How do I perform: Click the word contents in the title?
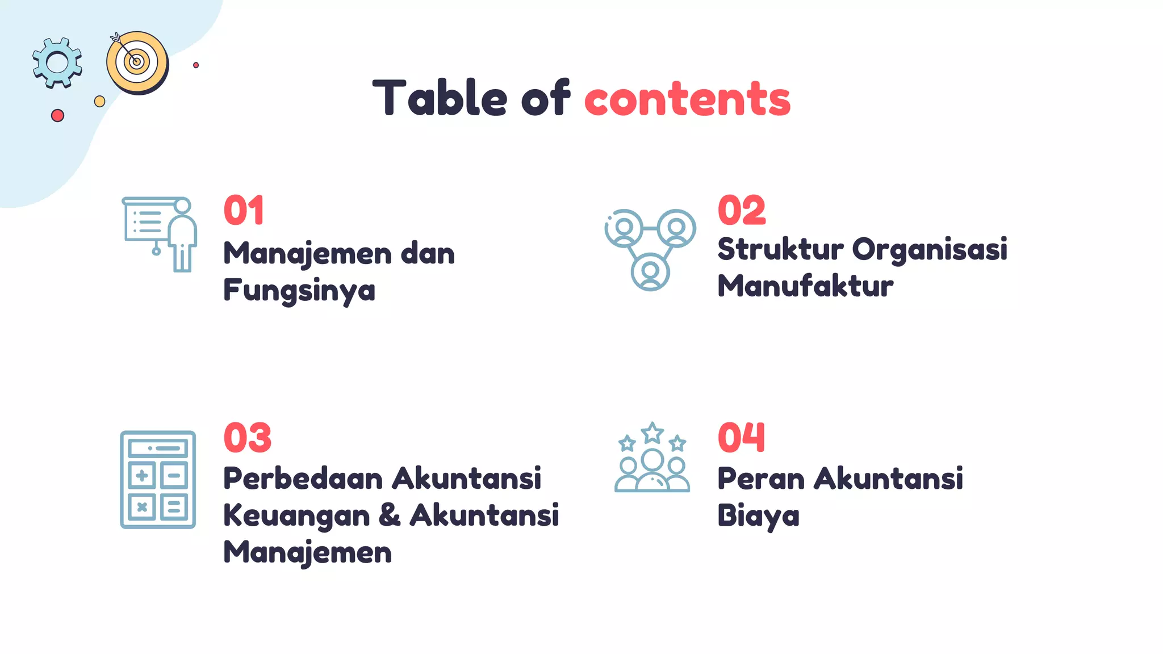tap(687, 99)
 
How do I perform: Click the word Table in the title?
tap(439, 98)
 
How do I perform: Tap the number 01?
tap(244, 210)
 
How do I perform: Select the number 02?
tap(742, 210)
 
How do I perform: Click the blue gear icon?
tap(57, 62)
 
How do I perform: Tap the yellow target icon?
tap(137, 62)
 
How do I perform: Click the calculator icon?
tap(158, 480)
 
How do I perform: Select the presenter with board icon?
tap(160, 234)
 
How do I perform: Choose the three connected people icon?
tap(650, 249)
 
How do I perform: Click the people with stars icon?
tap(652, 457)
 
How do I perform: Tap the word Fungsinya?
tap(299, 291)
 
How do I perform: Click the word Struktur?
tap(781, 249)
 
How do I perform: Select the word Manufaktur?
tap(805, 286)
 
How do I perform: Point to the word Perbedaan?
tap(303, 478)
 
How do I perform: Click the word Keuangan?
tap(296, 516)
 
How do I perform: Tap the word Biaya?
tap(758, 516)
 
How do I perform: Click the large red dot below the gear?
tap(57, 116)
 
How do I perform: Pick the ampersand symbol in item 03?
tap(390, 515)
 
